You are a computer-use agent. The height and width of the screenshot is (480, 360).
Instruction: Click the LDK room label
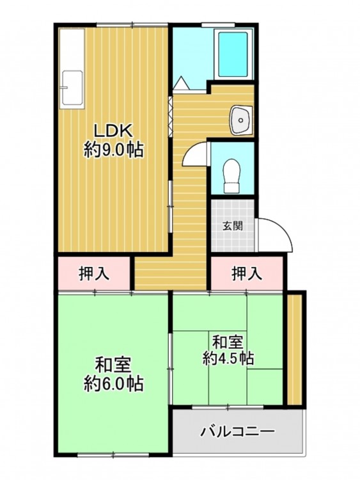point(113,131)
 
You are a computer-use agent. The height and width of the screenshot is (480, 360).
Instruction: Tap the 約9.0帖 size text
point(113,150)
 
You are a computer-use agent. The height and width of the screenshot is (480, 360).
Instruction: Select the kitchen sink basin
point(72,88)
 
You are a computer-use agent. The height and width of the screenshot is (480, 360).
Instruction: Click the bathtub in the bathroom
point(233,54)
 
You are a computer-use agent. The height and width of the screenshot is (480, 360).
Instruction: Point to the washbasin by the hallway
point(241,120)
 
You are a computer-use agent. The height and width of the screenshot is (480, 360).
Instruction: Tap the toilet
point(232,176)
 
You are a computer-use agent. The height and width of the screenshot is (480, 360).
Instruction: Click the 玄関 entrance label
point(233,226)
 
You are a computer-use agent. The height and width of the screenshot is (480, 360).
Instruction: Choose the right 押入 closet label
point(247,273)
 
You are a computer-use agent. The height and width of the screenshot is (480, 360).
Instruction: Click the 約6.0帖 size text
point(113,383)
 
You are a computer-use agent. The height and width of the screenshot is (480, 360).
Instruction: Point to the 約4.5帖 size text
point(228,358)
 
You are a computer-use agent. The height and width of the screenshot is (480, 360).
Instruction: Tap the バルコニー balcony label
point(238,431)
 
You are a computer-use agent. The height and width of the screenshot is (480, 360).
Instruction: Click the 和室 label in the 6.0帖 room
point(113,364)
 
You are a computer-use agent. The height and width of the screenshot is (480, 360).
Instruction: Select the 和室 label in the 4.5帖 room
point(228,342)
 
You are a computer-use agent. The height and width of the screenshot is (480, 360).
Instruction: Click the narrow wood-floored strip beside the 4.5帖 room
point(295,349)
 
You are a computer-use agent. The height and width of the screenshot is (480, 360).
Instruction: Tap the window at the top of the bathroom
point(218,24)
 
